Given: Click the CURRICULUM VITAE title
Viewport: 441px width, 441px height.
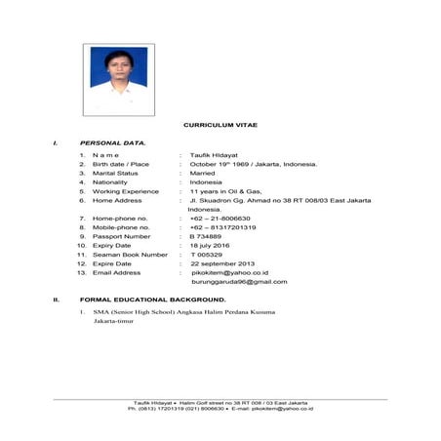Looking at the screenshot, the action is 220,127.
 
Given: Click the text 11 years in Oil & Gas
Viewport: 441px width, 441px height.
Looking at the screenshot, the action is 225,191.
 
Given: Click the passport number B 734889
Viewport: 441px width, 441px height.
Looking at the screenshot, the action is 206,236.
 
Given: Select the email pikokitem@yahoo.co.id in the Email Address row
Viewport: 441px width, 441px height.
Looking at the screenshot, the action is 229,273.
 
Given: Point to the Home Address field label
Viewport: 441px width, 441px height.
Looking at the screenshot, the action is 117,201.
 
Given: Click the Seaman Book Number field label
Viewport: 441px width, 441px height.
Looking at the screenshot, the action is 130,255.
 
